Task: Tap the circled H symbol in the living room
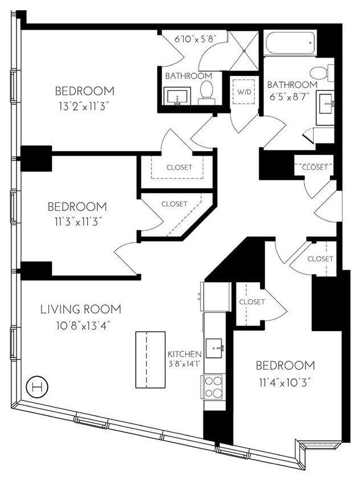tap(38, 387)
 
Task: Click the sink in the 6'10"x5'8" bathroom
tap(175, 95)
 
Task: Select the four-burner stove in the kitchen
tap(214, 386)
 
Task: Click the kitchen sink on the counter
tap(215, 348)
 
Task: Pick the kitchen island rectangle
tap(146, 359)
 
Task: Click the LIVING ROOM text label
tap(80, 309)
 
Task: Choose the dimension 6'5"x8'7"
tap(292, 99)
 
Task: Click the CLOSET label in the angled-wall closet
tap(174, 203)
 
